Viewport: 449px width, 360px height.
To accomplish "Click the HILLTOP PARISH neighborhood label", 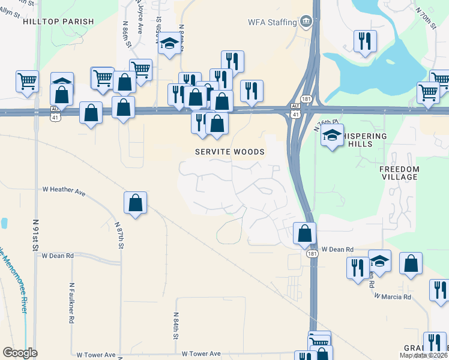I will pyautogui.click(x=58, y=22).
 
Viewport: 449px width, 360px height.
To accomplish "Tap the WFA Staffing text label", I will pyautogui.click(x=273, y=23).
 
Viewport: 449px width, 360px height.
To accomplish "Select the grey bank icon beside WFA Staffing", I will pyautogui.click(x=306, y=22).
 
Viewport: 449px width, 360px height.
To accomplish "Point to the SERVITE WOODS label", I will pyautogui.click(x=230, y=152).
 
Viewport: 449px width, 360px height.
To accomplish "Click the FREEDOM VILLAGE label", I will pyautogui.click(x=399, y=173).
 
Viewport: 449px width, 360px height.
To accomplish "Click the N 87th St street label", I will pyautogui.click(x=120, y=235).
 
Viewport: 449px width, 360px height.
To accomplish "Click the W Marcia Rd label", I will pyautogui.click(x=393, y=296).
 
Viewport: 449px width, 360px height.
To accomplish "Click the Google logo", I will pyautogui.click(x=20, y=353).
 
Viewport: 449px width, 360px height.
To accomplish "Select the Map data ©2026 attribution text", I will pyautogui.click(x=423, y=355).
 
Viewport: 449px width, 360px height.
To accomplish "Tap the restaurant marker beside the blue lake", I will pyautogui.click(x=364, y=41).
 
